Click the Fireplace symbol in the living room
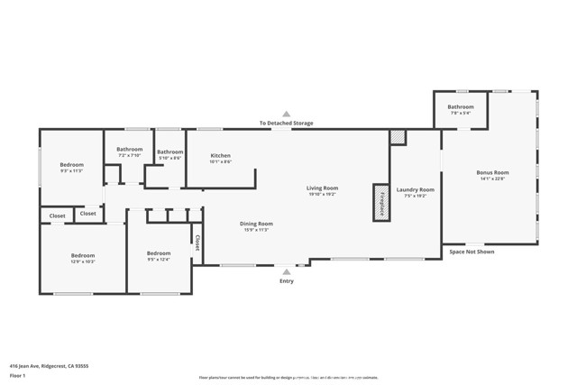tap(382, 202)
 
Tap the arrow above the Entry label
tap(287, 270)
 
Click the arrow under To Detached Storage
tap(287, 115)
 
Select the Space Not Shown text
tap(472, 252)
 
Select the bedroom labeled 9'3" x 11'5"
tap(72, 167)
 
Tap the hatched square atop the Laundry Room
tap(398, 137)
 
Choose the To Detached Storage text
tap(287, 124)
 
